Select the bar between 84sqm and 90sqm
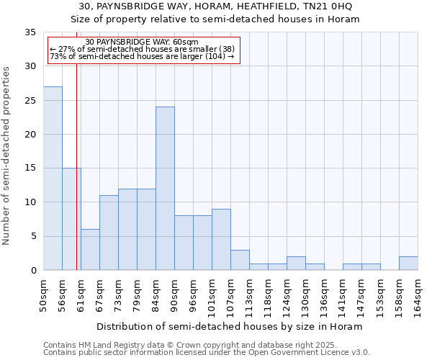coord(165,189)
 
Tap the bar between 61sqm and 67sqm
coord(90,250)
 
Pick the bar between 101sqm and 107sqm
coord(221,240)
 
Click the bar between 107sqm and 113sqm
coord(240,260)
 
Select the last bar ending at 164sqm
coord(408,264)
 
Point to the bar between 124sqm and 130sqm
coord(296,264)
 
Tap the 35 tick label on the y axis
coord(30,32)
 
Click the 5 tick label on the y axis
coord(32,236)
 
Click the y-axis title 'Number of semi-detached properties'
coord(7,155)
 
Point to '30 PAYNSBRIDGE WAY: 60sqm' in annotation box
coord(141,42)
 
